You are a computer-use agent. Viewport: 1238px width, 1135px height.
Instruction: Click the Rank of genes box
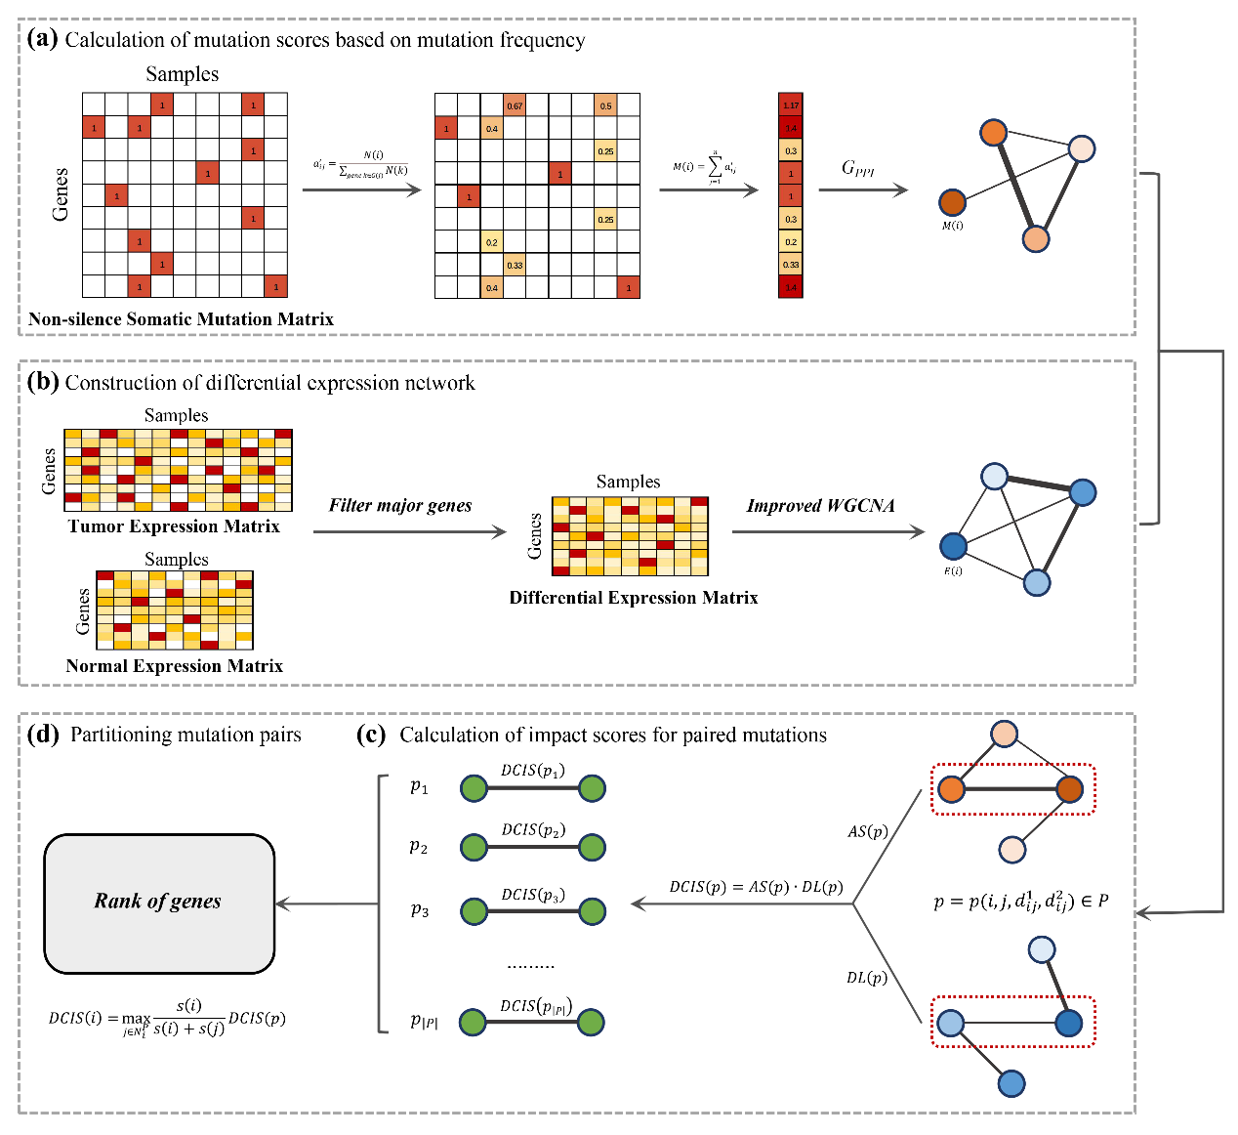point(159,903)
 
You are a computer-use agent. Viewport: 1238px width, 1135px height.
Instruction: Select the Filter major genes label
point(400,505)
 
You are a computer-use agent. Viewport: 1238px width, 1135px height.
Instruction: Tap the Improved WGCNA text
point(820,505)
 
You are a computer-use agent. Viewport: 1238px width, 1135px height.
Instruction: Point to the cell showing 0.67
point(515,105)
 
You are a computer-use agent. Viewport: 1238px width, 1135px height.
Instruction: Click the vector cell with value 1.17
point(791,105)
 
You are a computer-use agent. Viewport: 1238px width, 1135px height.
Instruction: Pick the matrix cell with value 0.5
point(605,105)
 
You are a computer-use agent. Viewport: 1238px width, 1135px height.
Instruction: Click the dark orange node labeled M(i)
point(952,203)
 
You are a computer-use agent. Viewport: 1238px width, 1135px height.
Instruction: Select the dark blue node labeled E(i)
point(953,546)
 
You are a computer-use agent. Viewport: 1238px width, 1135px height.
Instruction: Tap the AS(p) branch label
point(868,832)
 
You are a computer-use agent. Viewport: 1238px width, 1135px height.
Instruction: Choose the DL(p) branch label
point(867,977)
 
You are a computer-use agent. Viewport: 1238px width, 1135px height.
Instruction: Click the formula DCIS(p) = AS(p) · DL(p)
point(756,887)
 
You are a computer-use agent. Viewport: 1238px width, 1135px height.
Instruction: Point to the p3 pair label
point(420,910)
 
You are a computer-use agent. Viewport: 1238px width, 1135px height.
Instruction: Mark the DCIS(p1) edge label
point(532,771)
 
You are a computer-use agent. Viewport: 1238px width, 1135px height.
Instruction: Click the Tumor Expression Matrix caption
point(174,526)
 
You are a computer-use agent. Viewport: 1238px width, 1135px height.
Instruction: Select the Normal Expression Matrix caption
point(174,666)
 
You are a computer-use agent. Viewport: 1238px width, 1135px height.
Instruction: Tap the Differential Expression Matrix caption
point(634,598)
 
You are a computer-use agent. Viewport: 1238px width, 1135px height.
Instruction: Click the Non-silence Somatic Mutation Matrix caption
point(182,319)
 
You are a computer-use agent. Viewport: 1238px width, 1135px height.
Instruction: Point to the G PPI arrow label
point(858,168)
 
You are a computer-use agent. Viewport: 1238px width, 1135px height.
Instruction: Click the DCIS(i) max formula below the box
point(167,1018)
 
